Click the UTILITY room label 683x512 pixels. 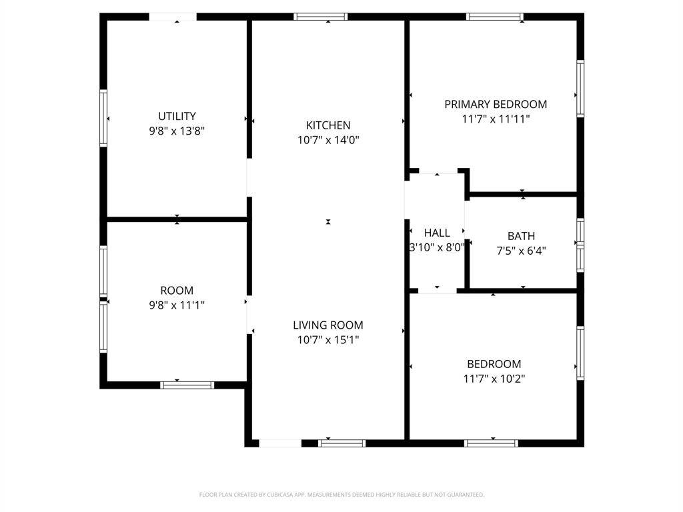[177, 116]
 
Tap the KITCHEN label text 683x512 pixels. [328, 125]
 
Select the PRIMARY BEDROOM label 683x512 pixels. [496, 105]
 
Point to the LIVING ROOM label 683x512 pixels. [328, 325]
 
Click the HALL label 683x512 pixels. [437, 233]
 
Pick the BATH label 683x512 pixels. [522, 236]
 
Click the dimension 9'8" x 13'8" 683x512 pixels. [177, 131]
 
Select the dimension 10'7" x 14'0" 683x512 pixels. [328, 140]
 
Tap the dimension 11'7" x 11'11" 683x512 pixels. [496, 119]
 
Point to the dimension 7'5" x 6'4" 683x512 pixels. [522, 251]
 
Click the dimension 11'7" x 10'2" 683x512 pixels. [494, 379]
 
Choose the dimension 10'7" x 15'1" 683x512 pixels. [328, 340]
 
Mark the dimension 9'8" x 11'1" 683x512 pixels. [177, 305]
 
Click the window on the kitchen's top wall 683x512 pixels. [321, 17]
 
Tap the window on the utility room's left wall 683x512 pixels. [103, 118]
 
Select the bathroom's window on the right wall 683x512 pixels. [581, 245]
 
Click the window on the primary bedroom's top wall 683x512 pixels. [495, 17]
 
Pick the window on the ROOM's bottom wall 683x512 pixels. [187, 385]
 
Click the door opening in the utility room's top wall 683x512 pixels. [173, 17]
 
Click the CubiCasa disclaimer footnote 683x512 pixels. [341, 495]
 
